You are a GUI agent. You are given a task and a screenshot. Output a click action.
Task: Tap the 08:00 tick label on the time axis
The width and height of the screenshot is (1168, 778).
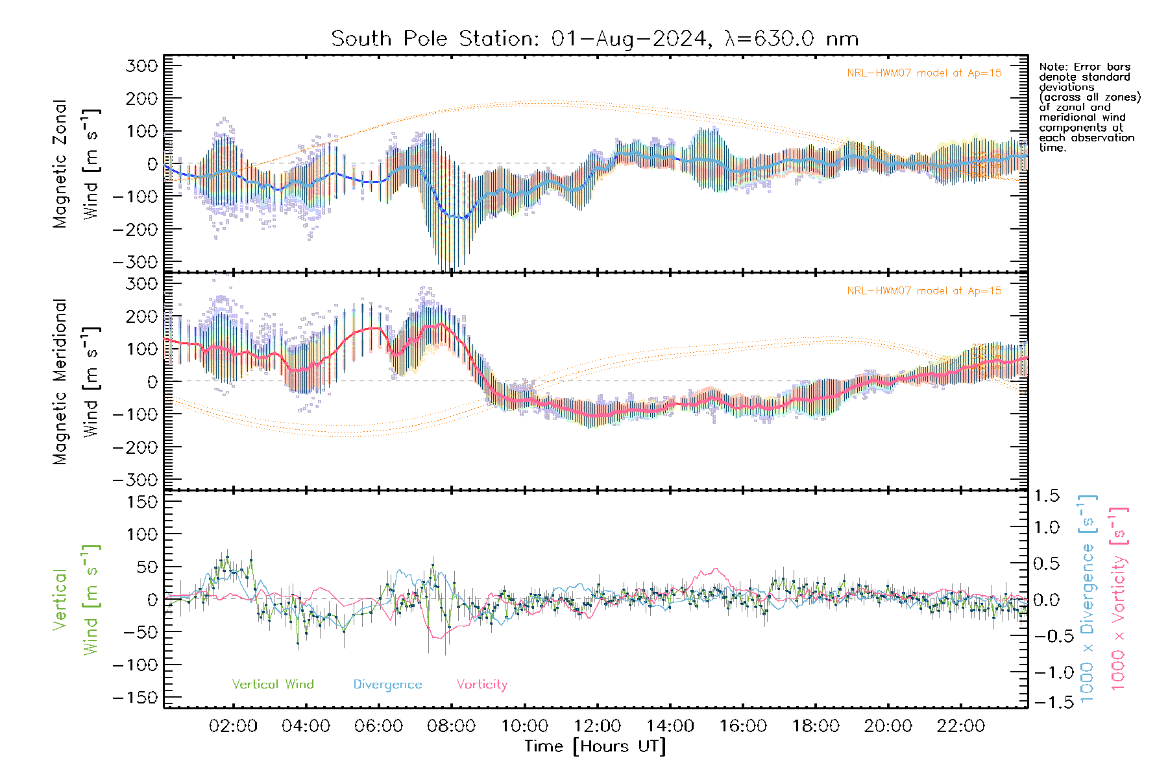click(451, 726)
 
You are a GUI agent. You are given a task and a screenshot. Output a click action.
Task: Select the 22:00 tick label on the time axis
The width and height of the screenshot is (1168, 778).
click(960, 726)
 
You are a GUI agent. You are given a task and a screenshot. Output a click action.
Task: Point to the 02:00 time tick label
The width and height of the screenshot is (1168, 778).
click(233, 726)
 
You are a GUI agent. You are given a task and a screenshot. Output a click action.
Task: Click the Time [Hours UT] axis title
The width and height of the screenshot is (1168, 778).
click(595, 747)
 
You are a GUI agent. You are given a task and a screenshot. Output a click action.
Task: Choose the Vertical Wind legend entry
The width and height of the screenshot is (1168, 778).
click(273, 685)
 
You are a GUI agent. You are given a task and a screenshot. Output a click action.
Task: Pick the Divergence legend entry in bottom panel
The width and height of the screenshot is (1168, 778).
click(387, 685)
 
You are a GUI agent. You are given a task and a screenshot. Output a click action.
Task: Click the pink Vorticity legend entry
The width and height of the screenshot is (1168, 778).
click(481, 685)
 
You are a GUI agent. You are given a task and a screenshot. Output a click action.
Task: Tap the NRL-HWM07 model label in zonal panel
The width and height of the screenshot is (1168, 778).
click(924, 73)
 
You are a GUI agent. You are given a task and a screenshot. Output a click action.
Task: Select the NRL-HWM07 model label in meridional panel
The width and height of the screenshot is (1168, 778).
click(924, 291)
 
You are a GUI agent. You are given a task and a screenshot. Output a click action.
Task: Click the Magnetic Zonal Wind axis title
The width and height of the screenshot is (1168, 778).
click(76, 163)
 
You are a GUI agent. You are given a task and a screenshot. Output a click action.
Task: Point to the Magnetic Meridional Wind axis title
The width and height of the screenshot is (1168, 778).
click(76, 381)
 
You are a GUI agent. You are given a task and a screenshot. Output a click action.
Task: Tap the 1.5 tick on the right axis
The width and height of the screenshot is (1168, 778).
click(1046, 496)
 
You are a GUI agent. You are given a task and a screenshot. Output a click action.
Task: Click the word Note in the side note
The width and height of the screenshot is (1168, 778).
click(1052, 67)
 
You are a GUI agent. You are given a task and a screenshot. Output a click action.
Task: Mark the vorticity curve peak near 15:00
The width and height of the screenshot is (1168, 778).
click(716, 569)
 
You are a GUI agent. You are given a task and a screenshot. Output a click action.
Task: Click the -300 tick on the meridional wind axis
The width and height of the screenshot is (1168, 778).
click(135, 480)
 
